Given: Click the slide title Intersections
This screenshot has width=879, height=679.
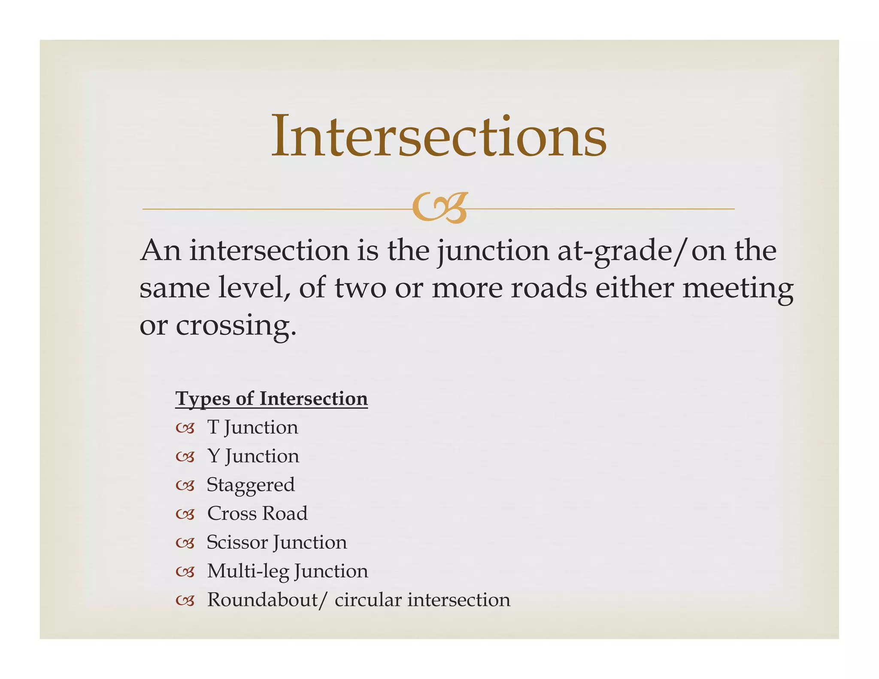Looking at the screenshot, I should point(439,136).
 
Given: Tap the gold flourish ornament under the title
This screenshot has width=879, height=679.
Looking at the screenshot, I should point(439,208).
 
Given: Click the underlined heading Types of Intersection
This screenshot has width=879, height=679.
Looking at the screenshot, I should point(271,398).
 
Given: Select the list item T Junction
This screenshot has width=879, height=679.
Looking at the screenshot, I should point(252,427).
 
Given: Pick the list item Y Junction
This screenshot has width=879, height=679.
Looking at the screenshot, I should point(253,456).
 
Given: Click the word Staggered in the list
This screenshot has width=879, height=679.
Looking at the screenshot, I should point(251,485).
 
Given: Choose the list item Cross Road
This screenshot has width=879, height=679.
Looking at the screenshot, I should point(257,513).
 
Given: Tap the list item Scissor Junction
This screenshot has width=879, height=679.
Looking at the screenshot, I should point(276,543).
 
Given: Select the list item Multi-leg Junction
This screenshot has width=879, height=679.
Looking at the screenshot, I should point(288,571).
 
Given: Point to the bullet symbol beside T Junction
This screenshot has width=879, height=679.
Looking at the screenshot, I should point(185,428).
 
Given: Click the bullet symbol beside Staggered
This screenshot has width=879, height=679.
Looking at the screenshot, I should point(185,486).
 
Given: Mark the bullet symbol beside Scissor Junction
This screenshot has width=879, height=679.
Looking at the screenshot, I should point(185,543).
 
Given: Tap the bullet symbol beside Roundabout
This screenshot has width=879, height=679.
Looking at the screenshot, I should point(185,601).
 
